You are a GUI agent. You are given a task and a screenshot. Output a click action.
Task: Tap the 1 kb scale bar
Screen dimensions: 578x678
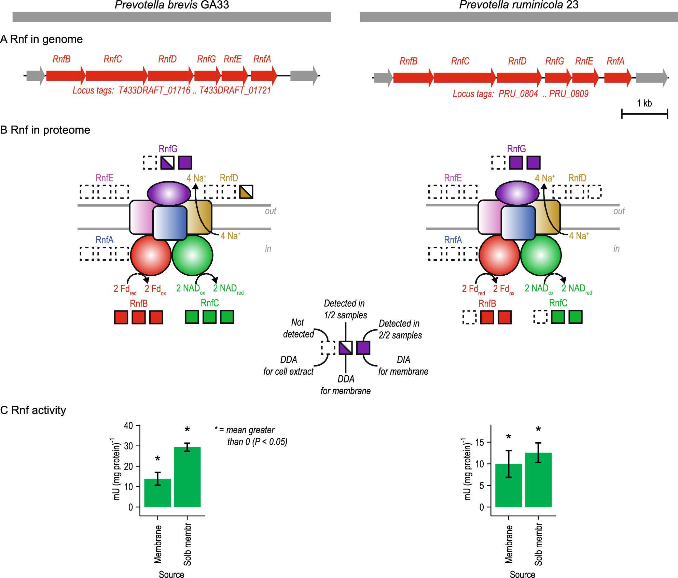[x=644, y=114]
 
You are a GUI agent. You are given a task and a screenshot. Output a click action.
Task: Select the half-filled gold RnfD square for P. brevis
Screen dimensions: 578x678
[x=246, y=191]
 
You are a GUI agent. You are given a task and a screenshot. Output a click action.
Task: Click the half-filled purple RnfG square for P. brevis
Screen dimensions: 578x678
[x=167, y=162]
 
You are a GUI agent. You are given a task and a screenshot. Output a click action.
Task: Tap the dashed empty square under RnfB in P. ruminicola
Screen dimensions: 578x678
[x=469, y=317]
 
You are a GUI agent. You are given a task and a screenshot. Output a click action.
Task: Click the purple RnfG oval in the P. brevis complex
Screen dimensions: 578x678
[x=169, y=193]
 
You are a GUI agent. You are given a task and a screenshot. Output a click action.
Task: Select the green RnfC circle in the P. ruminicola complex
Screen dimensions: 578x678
[x=541, y=255]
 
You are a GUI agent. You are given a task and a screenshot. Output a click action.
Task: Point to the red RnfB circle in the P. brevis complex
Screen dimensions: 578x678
[x=151, y=255]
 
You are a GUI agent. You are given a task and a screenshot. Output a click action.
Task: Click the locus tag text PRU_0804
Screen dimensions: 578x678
[x=518, y=94]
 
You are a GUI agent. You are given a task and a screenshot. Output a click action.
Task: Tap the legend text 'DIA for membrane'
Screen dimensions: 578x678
[x=403, y=365]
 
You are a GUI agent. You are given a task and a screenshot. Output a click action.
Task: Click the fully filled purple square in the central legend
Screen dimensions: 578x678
[x=363, y=348]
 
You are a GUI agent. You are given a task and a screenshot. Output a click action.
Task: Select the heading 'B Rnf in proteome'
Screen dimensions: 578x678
[x=45, y=130]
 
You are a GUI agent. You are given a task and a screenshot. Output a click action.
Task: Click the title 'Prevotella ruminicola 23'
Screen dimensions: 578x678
[x=518, y=5]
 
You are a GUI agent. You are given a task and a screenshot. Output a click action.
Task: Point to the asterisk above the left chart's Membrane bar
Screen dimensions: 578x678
[x=157, y=458]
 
